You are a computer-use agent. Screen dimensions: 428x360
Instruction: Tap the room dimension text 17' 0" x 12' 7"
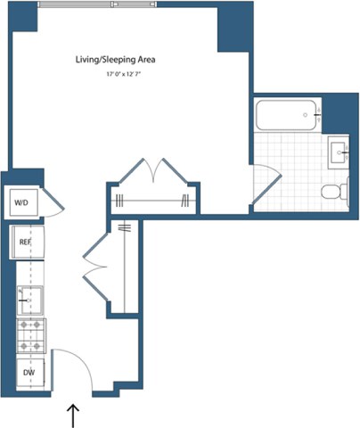click(124, 75)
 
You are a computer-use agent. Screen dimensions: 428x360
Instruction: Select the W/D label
click(20, 203)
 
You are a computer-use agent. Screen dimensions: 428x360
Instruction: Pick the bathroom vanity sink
click(339, 152)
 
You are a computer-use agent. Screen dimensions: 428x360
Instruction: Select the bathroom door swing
click(265, 184)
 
